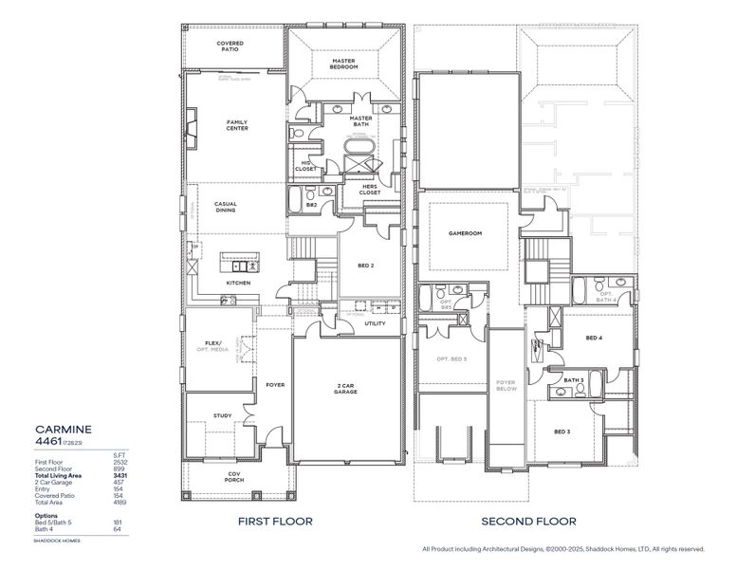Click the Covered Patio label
point(230,46)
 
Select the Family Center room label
point(237,125)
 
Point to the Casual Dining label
point(226,207)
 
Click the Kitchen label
point(238,283)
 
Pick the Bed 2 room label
point(366,266)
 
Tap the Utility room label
point(375,323)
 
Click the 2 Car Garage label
point(344,389)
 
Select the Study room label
point(223,415)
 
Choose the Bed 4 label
point(594,338)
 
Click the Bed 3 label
point(562,431)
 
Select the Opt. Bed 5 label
point(452,358)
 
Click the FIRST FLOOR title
point(276,521)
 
